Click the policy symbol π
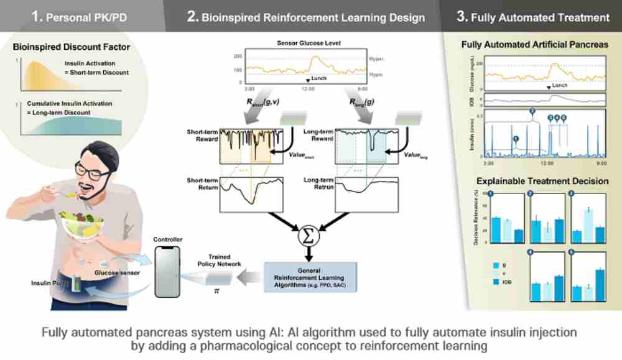217,290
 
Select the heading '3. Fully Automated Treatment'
533,17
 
